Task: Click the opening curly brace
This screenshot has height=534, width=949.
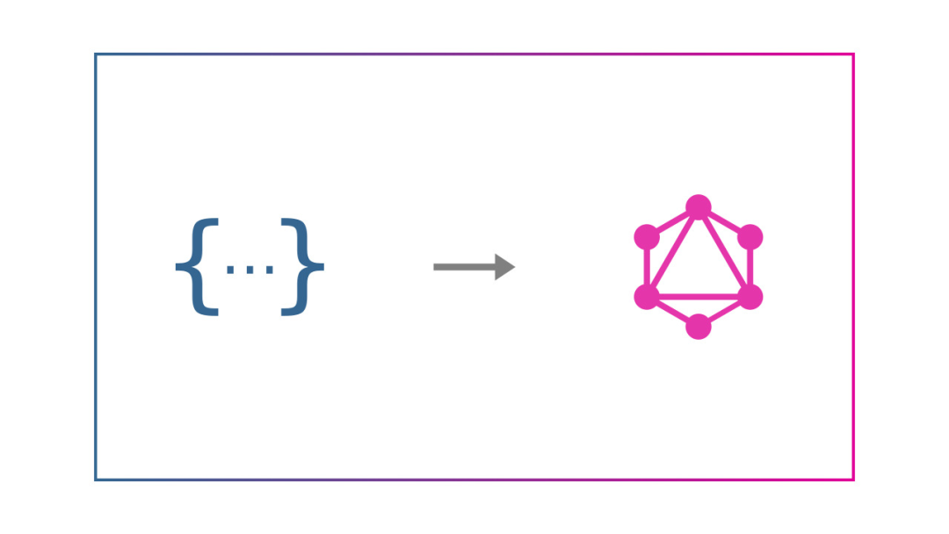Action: (196, 267)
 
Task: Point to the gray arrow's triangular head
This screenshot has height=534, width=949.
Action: (504, 267)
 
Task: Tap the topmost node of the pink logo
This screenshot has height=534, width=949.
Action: (699, 207)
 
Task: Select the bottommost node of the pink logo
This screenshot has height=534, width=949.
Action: (699, 326)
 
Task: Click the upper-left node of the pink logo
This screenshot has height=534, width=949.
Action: (647, 237)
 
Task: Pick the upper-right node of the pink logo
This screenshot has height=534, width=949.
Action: (750, 237)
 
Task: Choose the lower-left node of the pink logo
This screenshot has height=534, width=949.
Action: (647, 297)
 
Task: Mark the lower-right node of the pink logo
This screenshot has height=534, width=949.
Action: (750, 297)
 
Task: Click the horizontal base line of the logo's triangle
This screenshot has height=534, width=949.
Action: (699, 297)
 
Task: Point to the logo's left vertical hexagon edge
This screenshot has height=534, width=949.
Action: (647, 267)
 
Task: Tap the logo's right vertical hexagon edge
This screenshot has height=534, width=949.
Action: (750, 267)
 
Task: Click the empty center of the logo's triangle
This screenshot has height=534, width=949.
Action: (699, 268)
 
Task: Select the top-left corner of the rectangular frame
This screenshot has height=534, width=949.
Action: (96, 54)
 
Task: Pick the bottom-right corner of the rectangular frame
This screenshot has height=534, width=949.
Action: (853, 480)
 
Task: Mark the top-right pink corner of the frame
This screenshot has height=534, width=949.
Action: (853, 54)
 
